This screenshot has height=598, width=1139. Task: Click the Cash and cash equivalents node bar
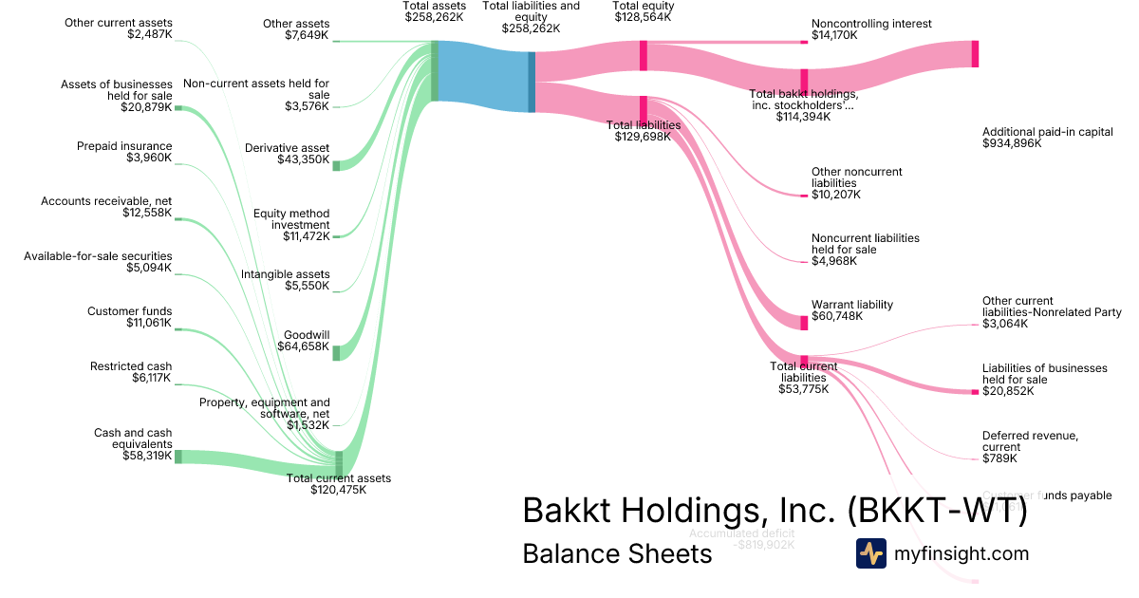coord(177,457)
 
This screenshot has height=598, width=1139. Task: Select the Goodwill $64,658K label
coord(306,341)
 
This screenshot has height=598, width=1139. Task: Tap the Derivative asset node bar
coord(336,165)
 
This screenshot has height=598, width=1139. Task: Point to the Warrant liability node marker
coord(804,323)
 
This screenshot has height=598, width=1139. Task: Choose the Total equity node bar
coord(643,55)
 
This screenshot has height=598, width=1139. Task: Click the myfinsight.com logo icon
coord(870,553)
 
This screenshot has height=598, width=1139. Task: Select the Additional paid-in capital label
coord(1047,138)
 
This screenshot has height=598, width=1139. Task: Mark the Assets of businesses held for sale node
coord(177,108)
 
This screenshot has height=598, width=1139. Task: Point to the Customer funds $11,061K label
coord(129,317)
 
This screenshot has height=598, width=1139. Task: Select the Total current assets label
coord(338,484)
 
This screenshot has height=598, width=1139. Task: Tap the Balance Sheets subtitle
coord(617,554)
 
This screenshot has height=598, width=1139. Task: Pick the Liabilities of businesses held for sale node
coord(975,391)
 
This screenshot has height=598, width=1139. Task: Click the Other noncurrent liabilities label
coord(856,183)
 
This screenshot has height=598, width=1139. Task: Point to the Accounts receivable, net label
coord(106,207)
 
